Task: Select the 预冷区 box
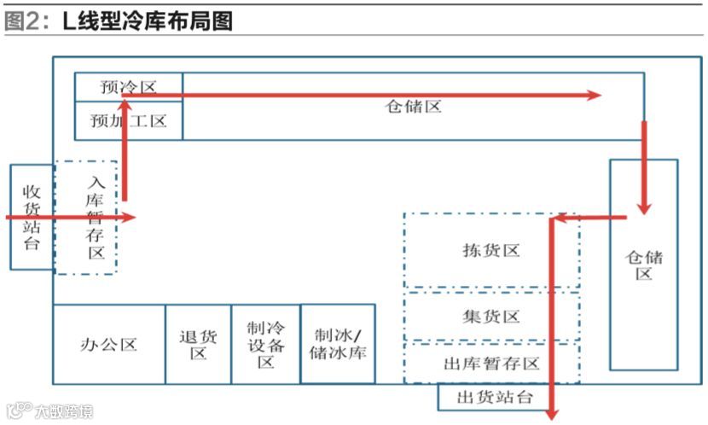[x=128, y=87]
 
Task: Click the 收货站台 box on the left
[x=32, y=217]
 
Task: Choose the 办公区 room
[x=108, y=345]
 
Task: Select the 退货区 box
[x=198, y=345]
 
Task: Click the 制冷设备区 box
[x=265, y=345]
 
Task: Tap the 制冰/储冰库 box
[x=338, y=344]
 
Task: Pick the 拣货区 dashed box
[x=490, y=250]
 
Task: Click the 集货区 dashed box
[x=490, y=317]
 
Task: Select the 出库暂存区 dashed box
[x=491, y=364]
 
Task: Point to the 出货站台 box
[x=495, y=398]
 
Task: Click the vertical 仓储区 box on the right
[x=643, y=265]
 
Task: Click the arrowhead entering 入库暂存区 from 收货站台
[x=128, y=217]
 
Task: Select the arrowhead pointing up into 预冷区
[x=125, y=105]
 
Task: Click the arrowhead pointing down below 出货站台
[x=552, y=412]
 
